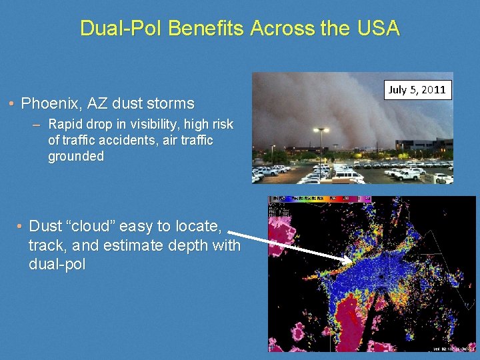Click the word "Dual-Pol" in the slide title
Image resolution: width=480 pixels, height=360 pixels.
click(121, 28)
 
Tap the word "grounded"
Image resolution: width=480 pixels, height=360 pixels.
click(76, 157)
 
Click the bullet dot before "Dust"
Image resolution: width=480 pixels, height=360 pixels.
click(20, 227)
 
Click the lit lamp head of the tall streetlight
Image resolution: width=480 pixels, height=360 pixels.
click(321, 130)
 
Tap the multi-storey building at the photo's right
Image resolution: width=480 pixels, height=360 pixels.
click(421, 145)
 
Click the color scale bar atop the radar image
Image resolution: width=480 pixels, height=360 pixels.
click(320, 199)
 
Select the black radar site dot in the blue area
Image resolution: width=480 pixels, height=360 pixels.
click(382, 275)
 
